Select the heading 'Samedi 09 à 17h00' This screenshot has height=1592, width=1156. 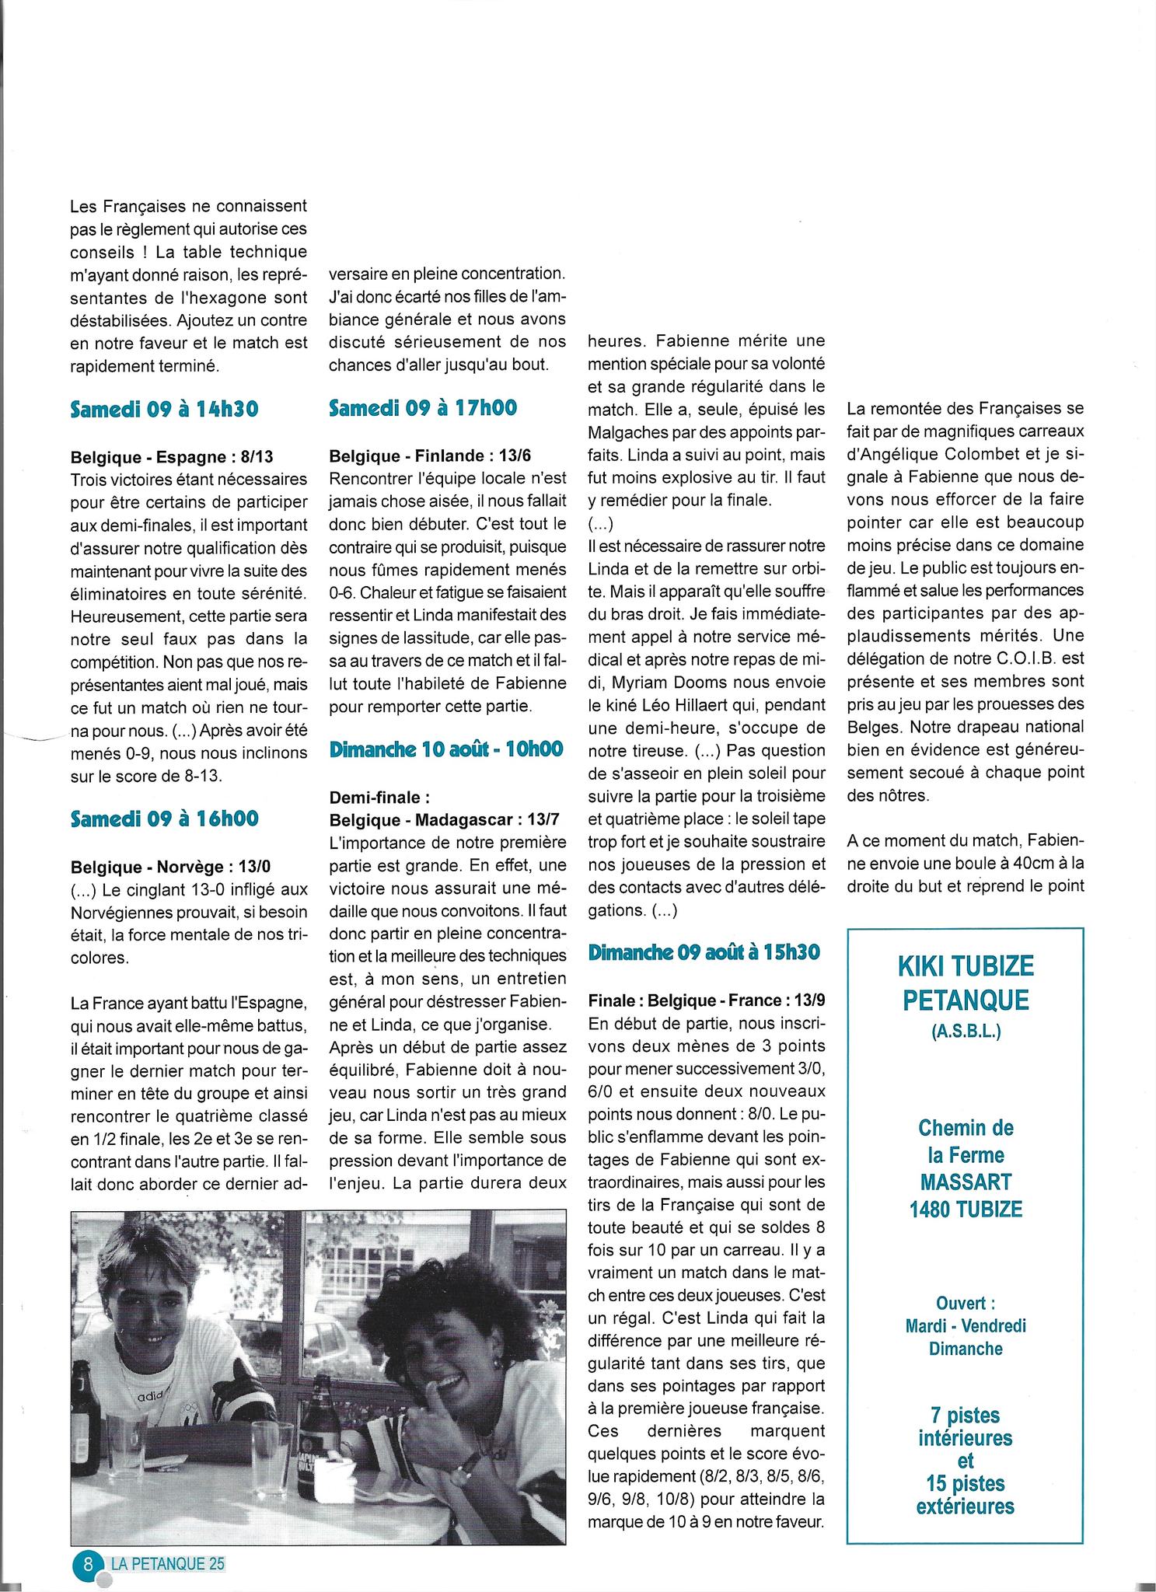point(423,407)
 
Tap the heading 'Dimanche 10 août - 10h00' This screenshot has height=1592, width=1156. point(446,749)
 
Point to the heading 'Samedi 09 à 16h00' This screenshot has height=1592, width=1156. point(164,819)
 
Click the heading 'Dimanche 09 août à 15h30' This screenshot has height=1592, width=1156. point(704,952)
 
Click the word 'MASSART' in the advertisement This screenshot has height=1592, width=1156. point(966,1182)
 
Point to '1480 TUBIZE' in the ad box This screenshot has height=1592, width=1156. point(966,1209)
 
